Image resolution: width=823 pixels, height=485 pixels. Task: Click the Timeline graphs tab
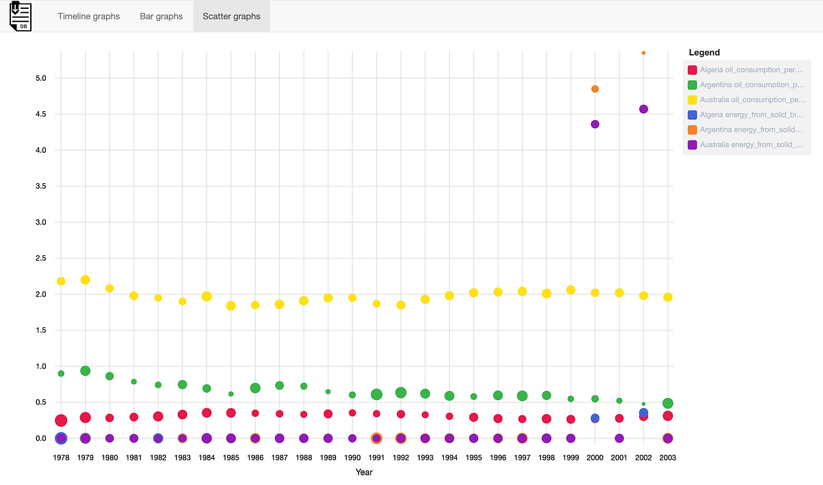tap(88, 16)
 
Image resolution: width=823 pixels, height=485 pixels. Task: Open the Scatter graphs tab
tap(231, 16)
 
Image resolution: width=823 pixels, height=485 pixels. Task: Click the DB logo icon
tap(21, 16)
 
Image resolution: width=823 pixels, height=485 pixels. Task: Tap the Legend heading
tap(704, 52)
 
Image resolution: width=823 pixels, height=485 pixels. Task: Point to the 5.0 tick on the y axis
tap(40, 78)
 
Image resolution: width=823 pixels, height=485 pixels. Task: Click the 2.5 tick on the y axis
tap(40, 258)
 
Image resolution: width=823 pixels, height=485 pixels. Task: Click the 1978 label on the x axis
tap(61, 457)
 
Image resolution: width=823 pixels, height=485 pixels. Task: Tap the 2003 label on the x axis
tap(667, 457)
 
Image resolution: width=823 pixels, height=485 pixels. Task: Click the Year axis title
tap(364, 472)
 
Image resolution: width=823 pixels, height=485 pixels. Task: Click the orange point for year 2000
tap(595, 89)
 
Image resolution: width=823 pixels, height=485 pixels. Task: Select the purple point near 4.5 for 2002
tap(643, 109)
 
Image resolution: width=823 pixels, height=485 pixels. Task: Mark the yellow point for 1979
tap(85, 280)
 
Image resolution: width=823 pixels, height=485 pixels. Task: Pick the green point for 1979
tap(85, 370)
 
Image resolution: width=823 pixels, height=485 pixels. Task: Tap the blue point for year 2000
tap(595, 418)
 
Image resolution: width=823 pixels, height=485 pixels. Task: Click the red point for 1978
tap(61, 421)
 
